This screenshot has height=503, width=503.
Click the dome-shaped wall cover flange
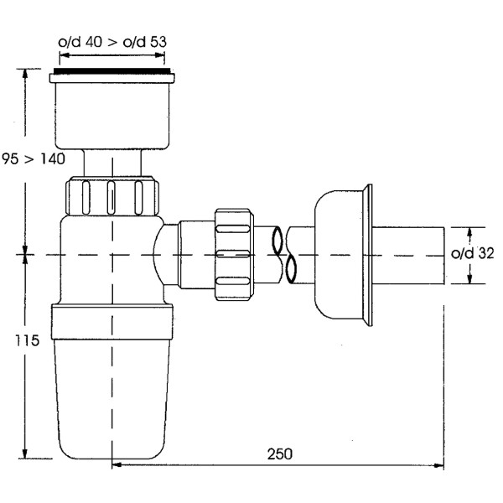pos(340,255)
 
